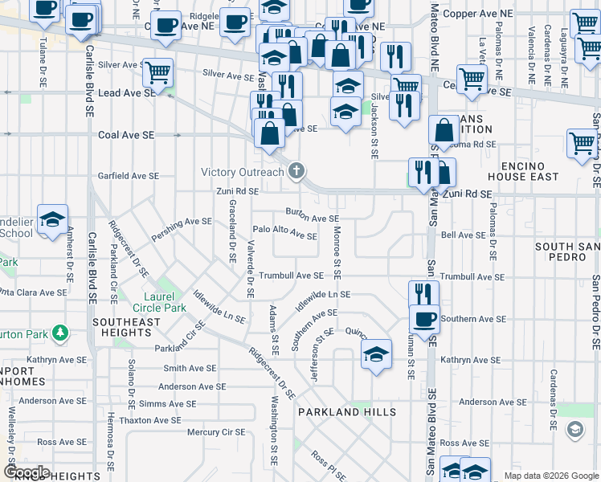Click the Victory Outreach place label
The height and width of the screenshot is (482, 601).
[242, 172]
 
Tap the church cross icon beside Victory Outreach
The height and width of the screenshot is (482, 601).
[297, 170]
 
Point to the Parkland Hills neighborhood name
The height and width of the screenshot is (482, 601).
[347, 412]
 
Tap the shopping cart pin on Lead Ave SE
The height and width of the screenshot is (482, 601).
[157, 73]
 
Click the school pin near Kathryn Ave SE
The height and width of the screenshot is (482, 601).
[375, 353]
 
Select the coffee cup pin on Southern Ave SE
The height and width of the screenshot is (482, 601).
[424, 319]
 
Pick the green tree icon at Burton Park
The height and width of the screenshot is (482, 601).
[59, 332]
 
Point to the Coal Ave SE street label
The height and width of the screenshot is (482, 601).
[126, 136]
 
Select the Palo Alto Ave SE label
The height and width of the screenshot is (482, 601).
[284, 232]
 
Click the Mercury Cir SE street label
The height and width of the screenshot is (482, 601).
[215, 432]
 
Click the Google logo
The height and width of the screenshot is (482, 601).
[27, 472]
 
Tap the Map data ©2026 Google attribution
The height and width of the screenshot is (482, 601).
[550, 476]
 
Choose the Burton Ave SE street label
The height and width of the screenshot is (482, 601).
[313, 214]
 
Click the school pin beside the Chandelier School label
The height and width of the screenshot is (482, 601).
[52, 220]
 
